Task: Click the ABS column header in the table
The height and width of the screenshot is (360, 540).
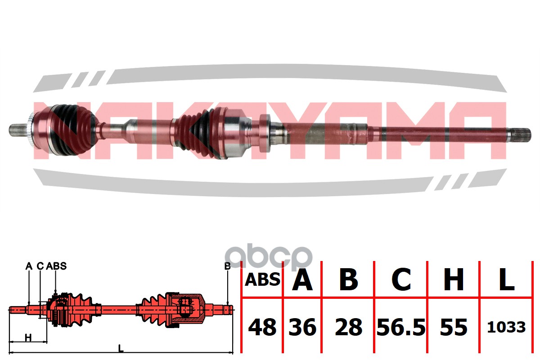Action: [262, 280]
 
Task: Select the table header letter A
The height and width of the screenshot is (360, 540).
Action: [302, 280]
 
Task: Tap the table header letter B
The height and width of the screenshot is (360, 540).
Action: [348, 280]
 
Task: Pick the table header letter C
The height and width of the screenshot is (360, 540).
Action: [401, 280]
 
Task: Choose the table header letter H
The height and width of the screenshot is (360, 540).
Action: [454, 280]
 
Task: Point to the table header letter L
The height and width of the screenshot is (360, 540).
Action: [507, 280]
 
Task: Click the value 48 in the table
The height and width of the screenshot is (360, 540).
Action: [262, 327]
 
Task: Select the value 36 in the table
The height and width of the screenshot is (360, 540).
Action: [302, 327]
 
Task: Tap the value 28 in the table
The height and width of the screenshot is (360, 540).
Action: [349, 327]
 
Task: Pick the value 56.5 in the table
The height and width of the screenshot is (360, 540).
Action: [401, 327]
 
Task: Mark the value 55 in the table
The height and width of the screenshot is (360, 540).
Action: [454, 327]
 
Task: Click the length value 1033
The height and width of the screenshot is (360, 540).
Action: [506, 327]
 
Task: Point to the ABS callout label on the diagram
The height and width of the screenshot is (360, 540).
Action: [56, 266]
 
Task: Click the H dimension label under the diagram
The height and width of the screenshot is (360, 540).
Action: [28, 338]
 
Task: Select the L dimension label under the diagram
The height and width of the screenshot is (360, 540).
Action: [121, 349]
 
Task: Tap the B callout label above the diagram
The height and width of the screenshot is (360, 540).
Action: [227, 266]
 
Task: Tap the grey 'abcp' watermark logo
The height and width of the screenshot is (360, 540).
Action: [269, 258]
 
